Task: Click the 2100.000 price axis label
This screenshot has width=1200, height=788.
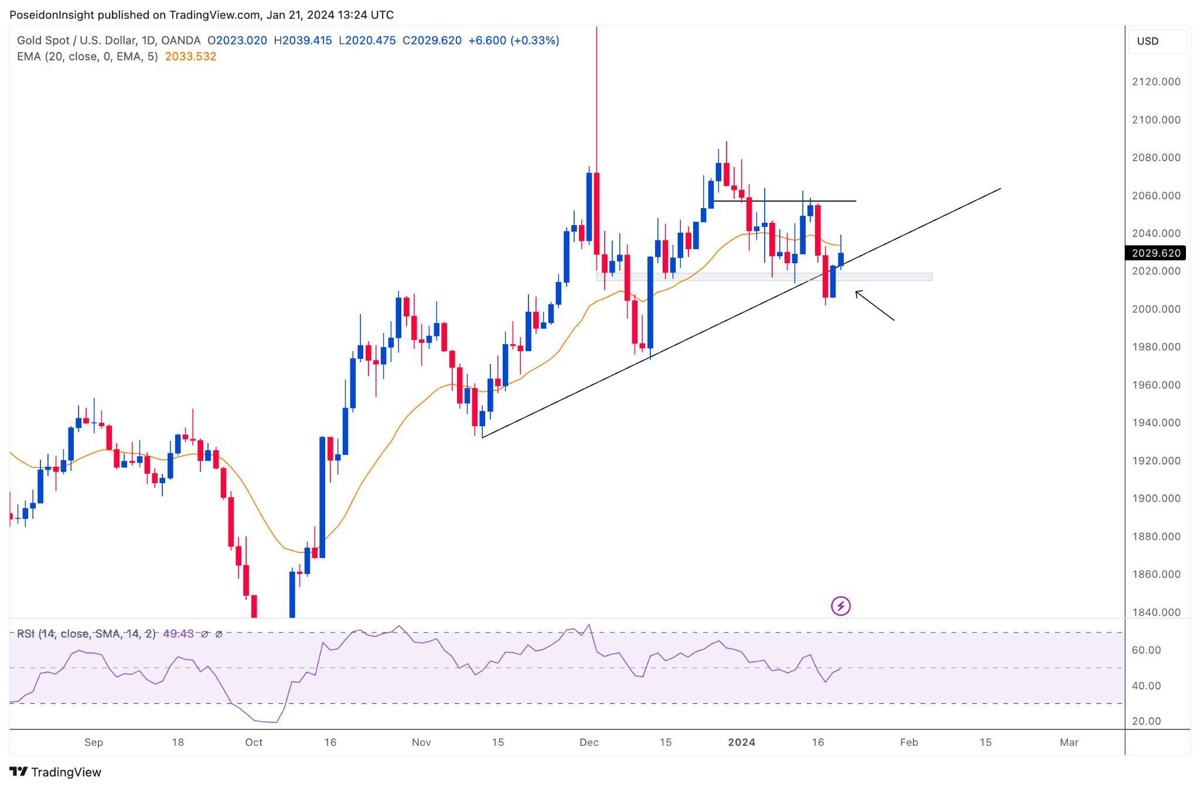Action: pos(1155,120)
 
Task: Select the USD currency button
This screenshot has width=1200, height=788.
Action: pos(1148,41)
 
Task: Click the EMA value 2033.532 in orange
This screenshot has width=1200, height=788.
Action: pos(190,56)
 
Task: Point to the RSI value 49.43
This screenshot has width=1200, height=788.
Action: pos(178,634)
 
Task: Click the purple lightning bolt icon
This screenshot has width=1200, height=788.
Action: pos(841,606)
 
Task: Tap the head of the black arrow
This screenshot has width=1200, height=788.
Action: pos(857,293)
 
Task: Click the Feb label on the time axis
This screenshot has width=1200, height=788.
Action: pos(909,742)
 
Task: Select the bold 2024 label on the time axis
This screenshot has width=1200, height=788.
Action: pos(741,742)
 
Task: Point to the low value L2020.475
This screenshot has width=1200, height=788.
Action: pos(367,40)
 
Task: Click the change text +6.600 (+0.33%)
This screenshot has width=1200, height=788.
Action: pos(514,40)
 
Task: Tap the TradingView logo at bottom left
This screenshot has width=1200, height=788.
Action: pos(55,772)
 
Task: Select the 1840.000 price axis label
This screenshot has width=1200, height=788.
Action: pos(1155,612)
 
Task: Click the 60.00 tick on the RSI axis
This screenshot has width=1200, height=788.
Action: pos(1146,650)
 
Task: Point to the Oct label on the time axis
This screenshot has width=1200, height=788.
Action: pos(254,742)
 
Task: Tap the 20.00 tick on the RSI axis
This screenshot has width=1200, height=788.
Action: pos(1146,721)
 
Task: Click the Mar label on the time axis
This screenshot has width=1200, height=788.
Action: pos(1069,742)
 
